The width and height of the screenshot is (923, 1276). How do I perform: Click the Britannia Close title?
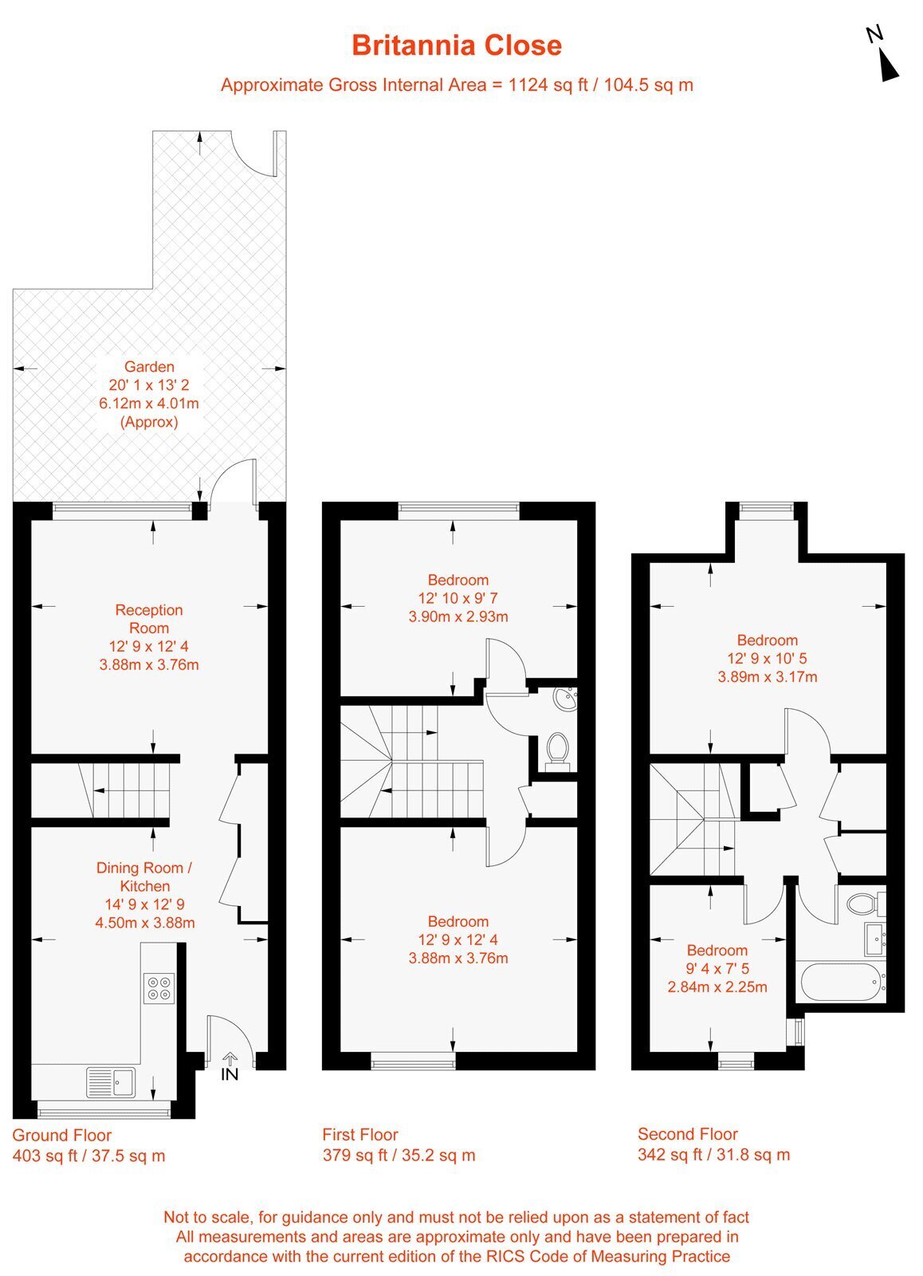457,45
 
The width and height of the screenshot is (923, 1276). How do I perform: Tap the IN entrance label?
230,1073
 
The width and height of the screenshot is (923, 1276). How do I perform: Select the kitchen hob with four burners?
159,988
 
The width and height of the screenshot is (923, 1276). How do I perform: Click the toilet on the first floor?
557,750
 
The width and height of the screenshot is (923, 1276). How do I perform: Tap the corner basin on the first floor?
566,699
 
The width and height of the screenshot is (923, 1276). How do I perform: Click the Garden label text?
149,367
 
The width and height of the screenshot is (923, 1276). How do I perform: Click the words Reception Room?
149,619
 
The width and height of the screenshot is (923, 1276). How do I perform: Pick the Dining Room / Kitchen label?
144,876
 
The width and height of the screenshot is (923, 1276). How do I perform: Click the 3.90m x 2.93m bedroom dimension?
458,616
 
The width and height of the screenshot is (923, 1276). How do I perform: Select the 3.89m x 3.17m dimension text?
768,677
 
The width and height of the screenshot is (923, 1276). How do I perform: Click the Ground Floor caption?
61,1136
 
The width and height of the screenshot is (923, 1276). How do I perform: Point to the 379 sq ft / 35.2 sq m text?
399,1156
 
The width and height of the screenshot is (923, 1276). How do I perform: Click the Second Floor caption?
687,1134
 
